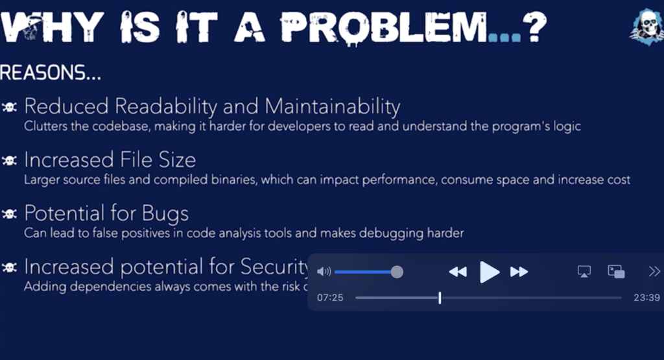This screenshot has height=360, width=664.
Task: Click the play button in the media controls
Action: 490,272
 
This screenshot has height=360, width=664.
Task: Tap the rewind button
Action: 458,272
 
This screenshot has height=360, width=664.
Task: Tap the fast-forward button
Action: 519,272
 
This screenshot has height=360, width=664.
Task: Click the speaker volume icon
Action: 324,272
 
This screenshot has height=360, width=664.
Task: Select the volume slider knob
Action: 397,272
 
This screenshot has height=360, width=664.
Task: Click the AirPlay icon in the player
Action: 584,272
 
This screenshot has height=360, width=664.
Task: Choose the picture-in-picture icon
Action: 616,272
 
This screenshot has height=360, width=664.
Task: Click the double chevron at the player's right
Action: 654,272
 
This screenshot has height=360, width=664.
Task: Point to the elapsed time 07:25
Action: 330,298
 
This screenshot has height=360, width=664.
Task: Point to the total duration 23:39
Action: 646,298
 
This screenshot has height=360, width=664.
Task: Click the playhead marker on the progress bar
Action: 440,298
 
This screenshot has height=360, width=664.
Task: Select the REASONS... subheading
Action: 51,73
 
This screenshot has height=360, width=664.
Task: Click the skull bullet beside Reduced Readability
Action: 10,107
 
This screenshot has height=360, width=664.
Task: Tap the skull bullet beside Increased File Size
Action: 10,160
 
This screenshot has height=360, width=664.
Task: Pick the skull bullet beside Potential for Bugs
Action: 10,213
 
